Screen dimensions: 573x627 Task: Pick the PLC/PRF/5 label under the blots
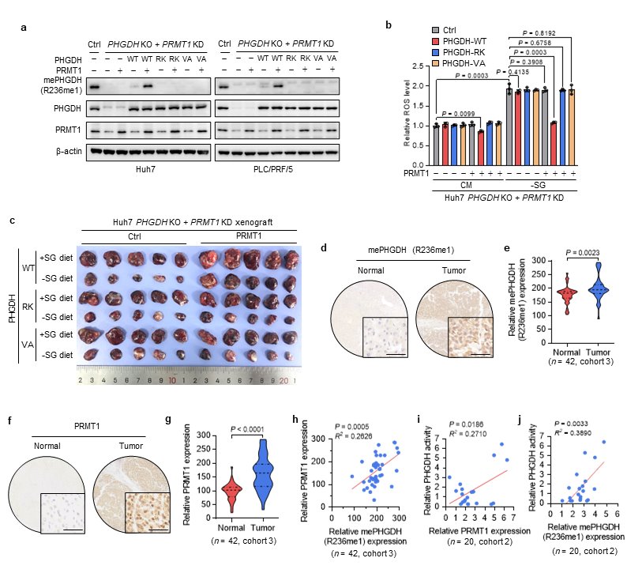point(277,168)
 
